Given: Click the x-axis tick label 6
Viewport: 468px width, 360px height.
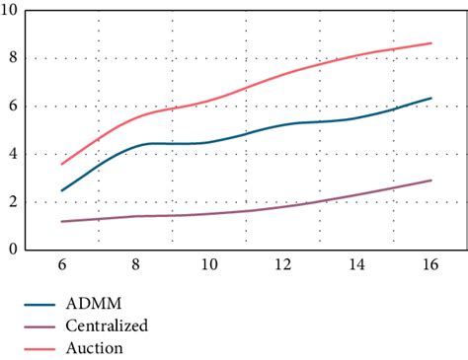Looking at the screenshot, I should [61, 266].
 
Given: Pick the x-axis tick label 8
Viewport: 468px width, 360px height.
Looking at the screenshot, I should [135, 266].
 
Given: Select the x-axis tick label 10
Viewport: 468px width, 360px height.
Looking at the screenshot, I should [209, 266].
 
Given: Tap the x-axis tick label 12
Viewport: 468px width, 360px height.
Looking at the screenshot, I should [283, 266].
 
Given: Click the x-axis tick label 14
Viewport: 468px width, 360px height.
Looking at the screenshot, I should [357, 266].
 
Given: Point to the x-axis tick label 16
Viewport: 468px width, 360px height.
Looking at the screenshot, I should [430, 266].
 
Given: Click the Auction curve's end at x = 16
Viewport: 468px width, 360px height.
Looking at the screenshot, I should [430, 42].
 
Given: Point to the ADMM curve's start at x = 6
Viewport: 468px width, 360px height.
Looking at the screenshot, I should [61, 190].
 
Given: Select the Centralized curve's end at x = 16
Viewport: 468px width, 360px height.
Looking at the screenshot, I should [430, 180].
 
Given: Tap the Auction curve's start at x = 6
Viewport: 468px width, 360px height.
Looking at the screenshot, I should [61, 164].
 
